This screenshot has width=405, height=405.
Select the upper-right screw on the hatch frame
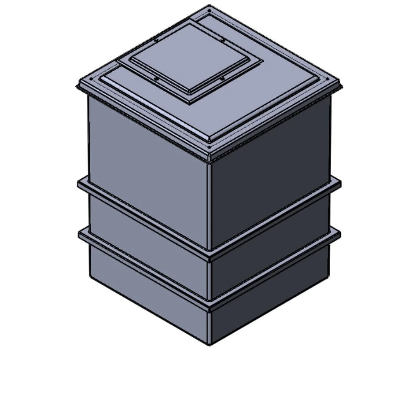click(223, 40)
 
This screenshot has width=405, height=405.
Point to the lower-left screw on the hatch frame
click(157, 79)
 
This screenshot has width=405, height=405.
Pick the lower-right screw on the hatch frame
click(222, 79)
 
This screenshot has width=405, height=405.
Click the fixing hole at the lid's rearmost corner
click(209, 8)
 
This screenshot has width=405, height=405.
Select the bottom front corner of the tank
click(210, 344)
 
